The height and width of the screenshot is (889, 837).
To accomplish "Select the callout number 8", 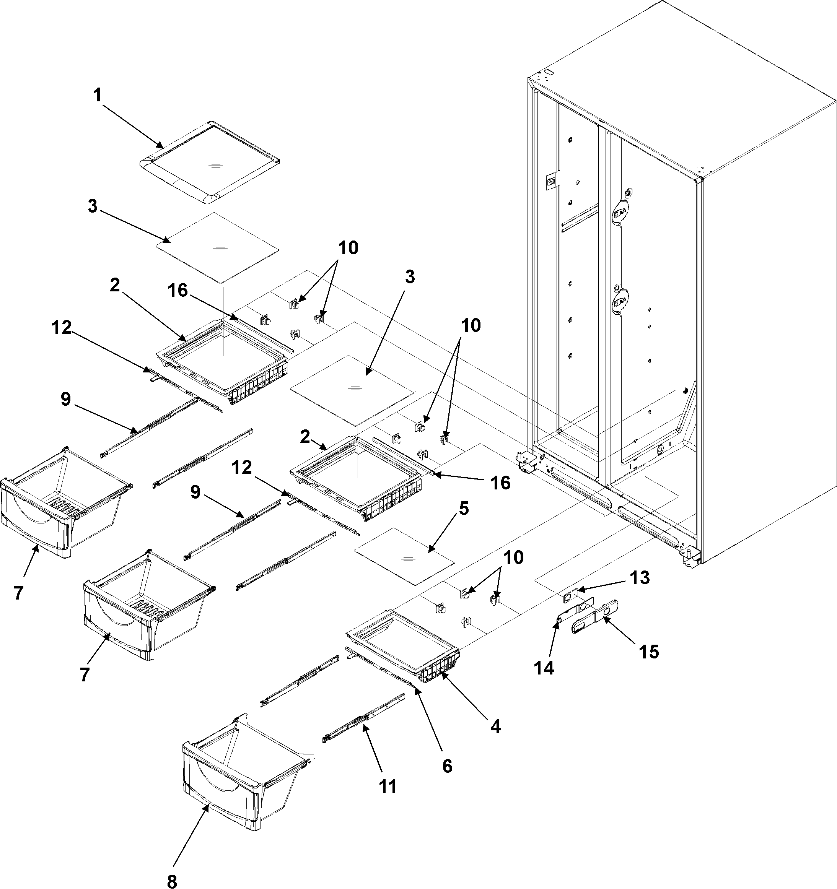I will click(171, 881).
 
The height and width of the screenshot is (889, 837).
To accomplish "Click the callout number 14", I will click(544, 668).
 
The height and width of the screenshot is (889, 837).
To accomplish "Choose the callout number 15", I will click(649, 652).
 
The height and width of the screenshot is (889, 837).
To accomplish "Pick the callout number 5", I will click(464, 508).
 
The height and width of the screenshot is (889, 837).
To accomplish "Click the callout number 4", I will click(495, 726).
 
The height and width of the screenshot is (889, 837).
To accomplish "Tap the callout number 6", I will click(447, 766).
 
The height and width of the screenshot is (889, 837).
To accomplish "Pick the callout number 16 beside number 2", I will click(177, 290).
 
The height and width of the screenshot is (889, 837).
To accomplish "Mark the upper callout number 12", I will click(61, 327).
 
